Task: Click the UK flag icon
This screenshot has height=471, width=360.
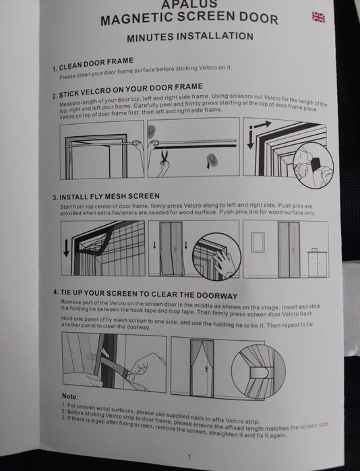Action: click(x=318, y=17)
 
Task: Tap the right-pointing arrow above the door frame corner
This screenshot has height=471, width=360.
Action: click(x=262, y=125)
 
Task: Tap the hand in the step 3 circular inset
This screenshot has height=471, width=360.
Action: click(x=221, y=262)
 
